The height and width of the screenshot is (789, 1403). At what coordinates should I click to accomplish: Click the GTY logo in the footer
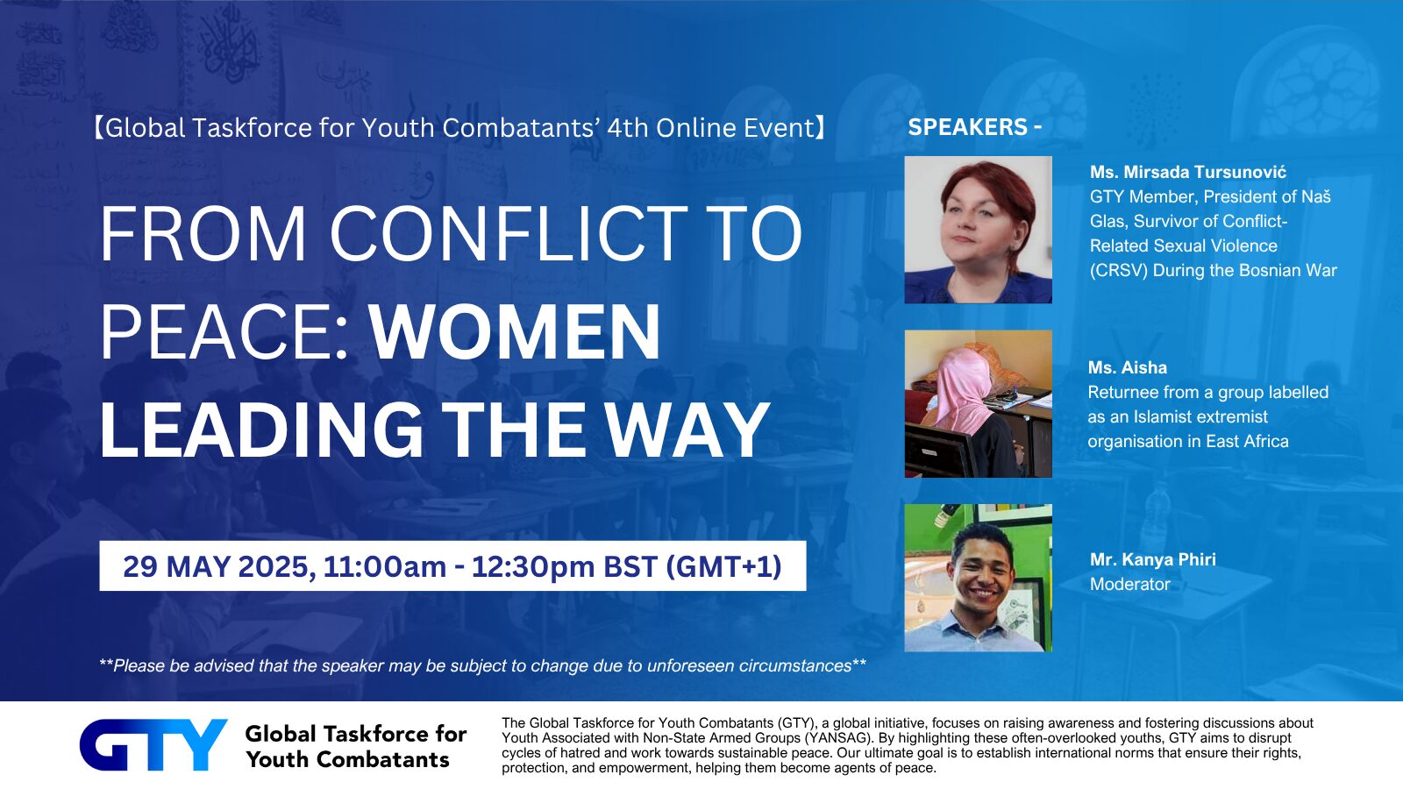[153, 744]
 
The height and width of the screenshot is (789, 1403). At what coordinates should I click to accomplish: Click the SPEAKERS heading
[968, 127]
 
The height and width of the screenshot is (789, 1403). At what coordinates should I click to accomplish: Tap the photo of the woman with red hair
[978, 230]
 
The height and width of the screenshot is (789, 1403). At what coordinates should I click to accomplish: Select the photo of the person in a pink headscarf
[978, 404]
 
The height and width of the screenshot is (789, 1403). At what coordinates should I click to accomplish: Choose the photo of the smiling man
[978, 578]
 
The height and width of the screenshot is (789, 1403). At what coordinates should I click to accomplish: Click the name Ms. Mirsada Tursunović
[1187, 172]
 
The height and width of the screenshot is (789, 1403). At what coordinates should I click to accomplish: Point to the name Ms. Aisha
[1128, 367]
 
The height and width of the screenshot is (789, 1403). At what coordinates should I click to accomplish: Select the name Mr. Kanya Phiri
[1152, 559]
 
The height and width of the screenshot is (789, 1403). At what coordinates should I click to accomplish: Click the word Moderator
[1130, 584]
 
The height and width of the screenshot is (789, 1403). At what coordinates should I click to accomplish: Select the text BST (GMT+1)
[692, 566]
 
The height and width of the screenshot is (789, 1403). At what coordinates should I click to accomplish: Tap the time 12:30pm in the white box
[533, 566]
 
